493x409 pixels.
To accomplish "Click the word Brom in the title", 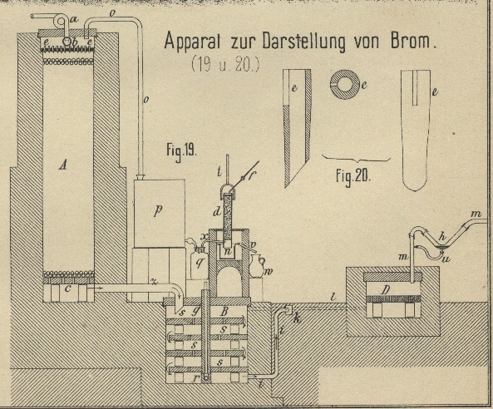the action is (x=411, y=41).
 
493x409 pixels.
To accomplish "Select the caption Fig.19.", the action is (x=181, y=151).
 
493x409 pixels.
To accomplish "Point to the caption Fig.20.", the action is (x=353, y=176).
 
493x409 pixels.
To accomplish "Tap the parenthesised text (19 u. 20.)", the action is (x=225, y=64).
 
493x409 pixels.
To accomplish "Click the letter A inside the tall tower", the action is (x=63, y=165).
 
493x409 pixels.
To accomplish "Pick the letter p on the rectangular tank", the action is (x=158, y=210).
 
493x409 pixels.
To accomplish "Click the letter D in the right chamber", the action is (x=386, y=290).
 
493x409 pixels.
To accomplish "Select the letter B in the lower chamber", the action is (x=224, y=312).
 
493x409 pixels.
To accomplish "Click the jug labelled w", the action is (x=257, y=266).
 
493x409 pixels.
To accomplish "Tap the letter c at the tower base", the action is (x=67, y=288).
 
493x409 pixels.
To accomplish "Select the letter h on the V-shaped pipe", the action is (x=442, y=237).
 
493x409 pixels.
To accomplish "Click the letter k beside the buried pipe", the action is (x=297, y=318).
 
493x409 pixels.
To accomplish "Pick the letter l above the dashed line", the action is (x=333, y=296).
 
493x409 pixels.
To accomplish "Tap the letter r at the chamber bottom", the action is (x=196, y=377).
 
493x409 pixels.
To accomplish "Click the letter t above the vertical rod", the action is (x=219, y=172).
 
